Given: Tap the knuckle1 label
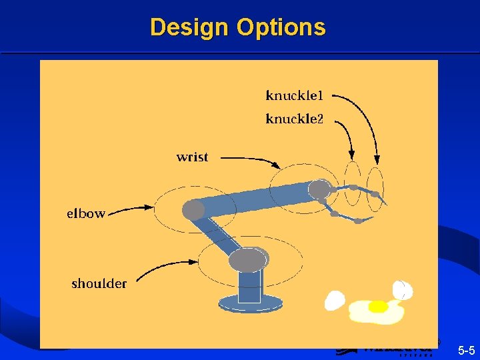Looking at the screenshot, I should click(294, 95).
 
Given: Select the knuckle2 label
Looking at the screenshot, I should click(294, 119).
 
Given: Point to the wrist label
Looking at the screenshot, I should click(192, 157).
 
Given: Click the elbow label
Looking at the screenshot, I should click(86, 214).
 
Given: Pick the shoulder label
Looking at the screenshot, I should click(99, 283).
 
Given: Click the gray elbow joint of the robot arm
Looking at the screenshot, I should click(193, 210).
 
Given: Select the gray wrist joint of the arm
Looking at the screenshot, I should click(320, 189).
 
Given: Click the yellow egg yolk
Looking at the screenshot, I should click(378, 307).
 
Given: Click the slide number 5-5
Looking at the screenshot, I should click(466, 350).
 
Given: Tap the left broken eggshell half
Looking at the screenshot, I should click(335, 301).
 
